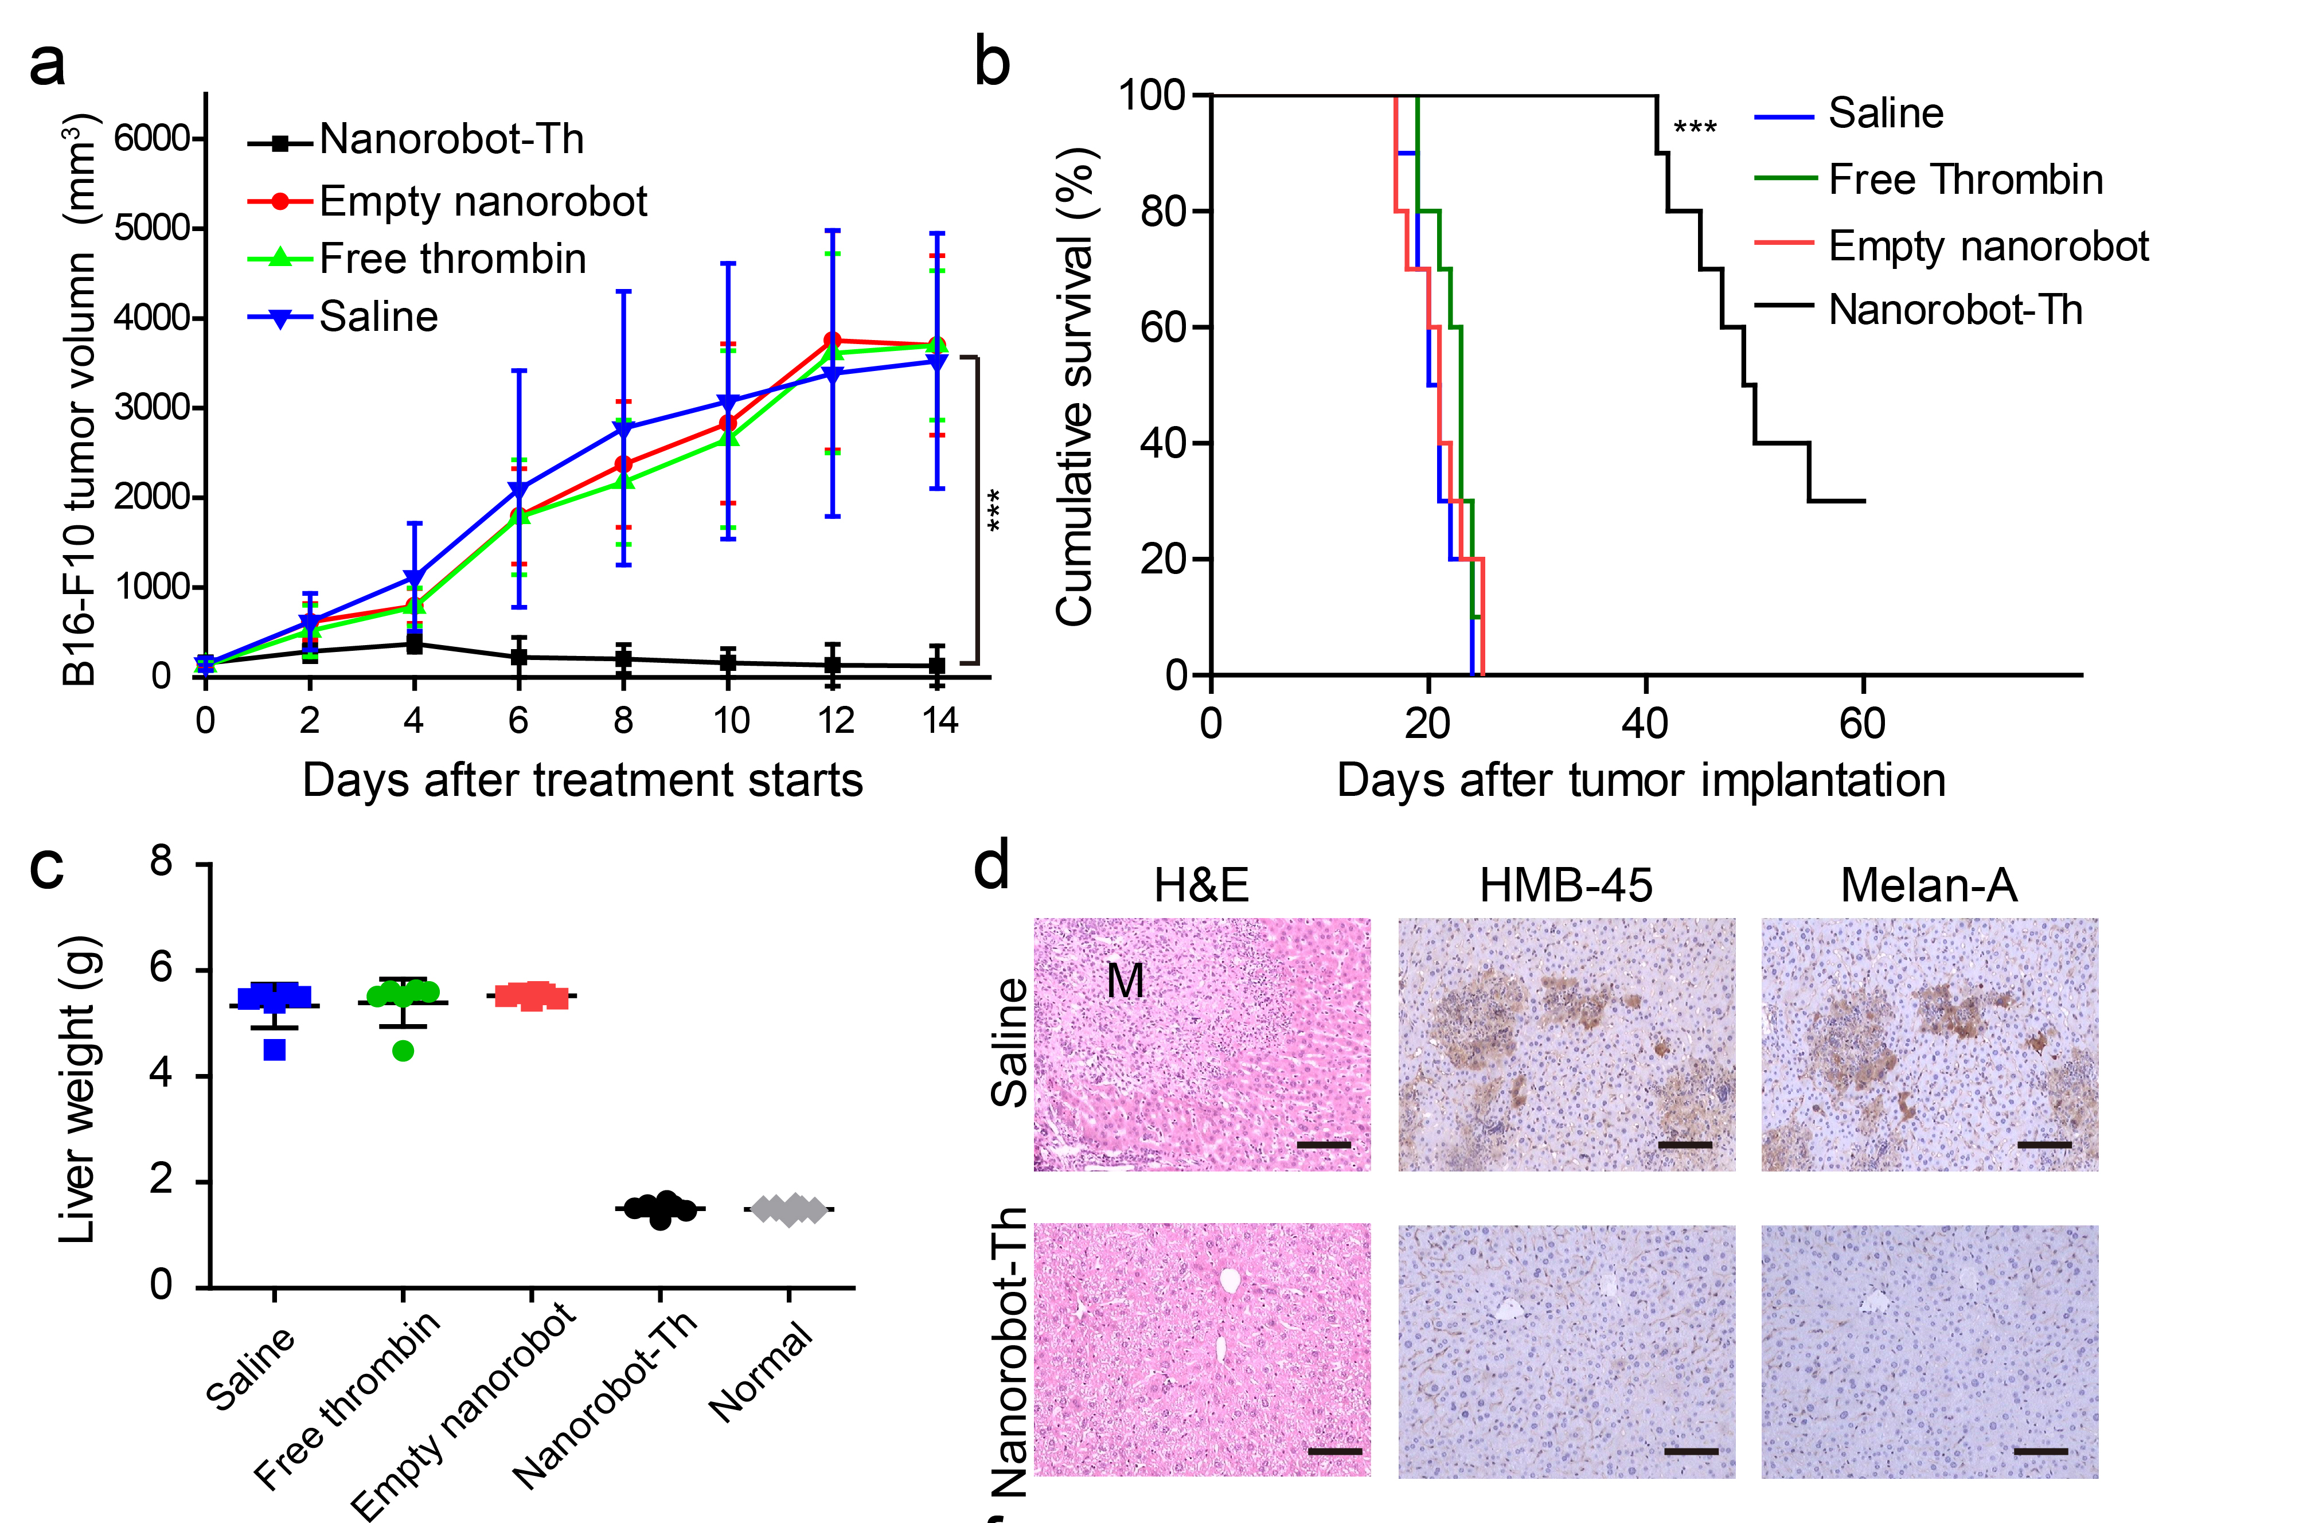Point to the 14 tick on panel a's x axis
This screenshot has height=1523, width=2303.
tap(939, 721)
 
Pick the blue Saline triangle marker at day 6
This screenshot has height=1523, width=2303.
tap(518, 490)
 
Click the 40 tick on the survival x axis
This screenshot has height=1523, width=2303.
tap(1645, 724)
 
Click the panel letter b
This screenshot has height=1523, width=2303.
tap(992, 62)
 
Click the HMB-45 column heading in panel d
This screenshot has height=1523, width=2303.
tap(1566, 885)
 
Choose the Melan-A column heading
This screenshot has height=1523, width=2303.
tap(1929, 885)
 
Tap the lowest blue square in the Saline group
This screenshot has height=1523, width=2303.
tap(275, 1049)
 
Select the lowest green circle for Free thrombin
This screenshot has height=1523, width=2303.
tap(403, 1050)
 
